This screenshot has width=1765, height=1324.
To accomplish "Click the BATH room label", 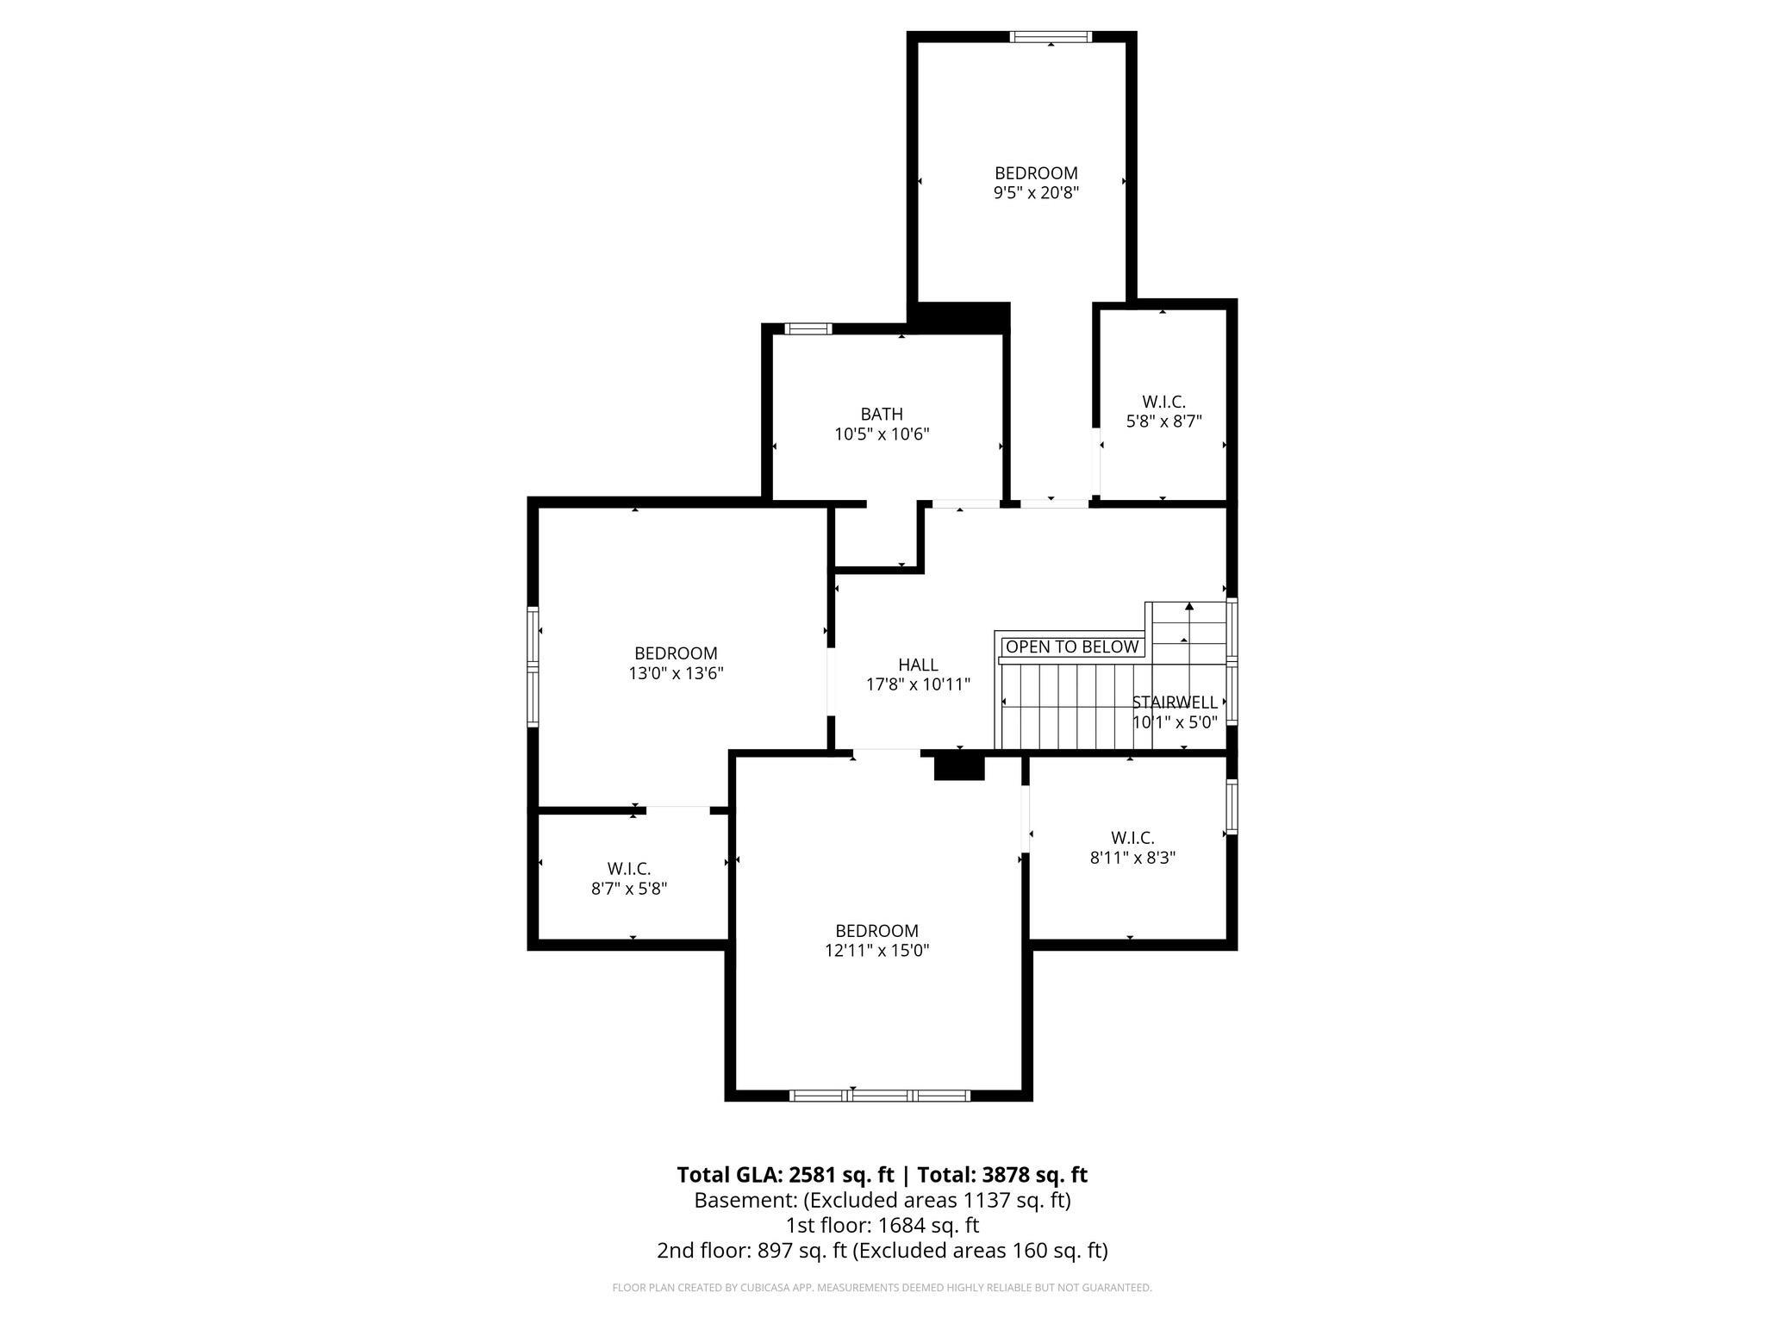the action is point(882,415).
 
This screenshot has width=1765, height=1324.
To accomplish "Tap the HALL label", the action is point(918,665).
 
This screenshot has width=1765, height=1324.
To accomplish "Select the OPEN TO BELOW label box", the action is point(1072,646).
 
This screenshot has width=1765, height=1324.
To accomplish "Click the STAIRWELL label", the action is point(1175,702).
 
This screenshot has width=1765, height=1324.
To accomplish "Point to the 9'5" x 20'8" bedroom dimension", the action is point(1036,193).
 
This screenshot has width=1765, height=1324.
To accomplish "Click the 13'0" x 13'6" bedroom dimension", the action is point(676,673).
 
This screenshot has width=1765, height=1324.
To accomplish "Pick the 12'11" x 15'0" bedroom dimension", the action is point(876,951).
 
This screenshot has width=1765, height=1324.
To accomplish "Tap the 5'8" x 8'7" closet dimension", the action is point(1163,422).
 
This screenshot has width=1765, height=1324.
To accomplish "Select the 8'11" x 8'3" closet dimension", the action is point(1132,858).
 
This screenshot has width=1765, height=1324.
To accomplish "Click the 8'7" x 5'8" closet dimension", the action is point(629,889).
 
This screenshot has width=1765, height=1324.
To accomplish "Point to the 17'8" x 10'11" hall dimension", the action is point(918,684).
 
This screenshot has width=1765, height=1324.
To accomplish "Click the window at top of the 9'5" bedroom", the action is point(1051,36).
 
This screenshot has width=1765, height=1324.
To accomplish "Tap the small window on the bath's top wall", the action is point(808,328).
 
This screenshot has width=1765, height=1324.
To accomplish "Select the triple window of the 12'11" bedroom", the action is point(880,1096).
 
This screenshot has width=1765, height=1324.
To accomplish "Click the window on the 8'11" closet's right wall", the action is point(1232,807).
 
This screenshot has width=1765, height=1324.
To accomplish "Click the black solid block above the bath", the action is point(964,317).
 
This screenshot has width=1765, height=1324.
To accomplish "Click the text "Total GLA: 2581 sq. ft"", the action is point(785,1175).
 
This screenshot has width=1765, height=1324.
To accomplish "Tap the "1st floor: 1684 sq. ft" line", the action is point(882,1225).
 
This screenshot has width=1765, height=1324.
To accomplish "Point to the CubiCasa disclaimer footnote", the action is point(882,1288).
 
